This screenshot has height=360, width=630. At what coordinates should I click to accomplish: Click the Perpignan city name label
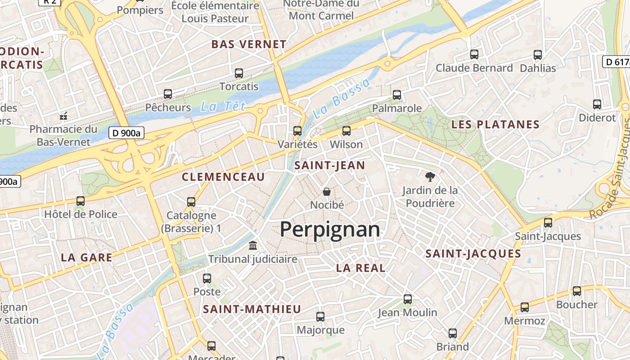point(330,229)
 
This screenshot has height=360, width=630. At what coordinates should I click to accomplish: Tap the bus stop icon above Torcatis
point(239,73)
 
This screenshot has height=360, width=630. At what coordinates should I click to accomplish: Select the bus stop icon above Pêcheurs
point(168,94)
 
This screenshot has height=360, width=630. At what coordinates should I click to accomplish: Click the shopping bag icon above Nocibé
point(327,192)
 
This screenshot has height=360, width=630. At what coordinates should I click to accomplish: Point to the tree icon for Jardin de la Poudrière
point(430,177)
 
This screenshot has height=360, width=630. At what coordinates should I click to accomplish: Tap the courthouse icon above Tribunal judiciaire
point(253,246)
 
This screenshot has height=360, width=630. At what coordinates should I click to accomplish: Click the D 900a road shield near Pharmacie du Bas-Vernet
point(126,133)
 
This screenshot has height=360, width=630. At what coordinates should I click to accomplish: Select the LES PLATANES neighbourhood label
point(495,125)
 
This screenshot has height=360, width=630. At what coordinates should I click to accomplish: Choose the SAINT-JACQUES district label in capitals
point(473,254)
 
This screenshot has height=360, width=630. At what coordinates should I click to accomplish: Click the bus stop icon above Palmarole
point(397,95)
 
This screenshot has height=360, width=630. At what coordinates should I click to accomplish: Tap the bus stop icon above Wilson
point(346,131)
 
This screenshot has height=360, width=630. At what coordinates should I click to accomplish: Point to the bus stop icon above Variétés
point(297,131)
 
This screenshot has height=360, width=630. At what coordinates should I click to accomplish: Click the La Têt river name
point(223,107)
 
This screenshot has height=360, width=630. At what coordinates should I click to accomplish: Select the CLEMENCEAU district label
point(223,177)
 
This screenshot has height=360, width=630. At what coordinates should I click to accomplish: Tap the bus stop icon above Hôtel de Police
point(81,201)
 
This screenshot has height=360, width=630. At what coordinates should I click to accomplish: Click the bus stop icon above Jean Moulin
point(408,299)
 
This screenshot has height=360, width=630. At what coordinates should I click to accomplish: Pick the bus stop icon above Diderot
point(597,104)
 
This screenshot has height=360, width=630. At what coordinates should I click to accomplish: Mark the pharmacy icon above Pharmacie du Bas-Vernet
point(63,116)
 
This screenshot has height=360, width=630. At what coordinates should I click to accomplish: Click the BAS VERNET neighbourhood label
point(249,45)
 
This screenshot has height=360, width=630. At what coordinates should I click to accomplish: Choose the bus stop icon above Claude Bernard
point(474,54)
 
